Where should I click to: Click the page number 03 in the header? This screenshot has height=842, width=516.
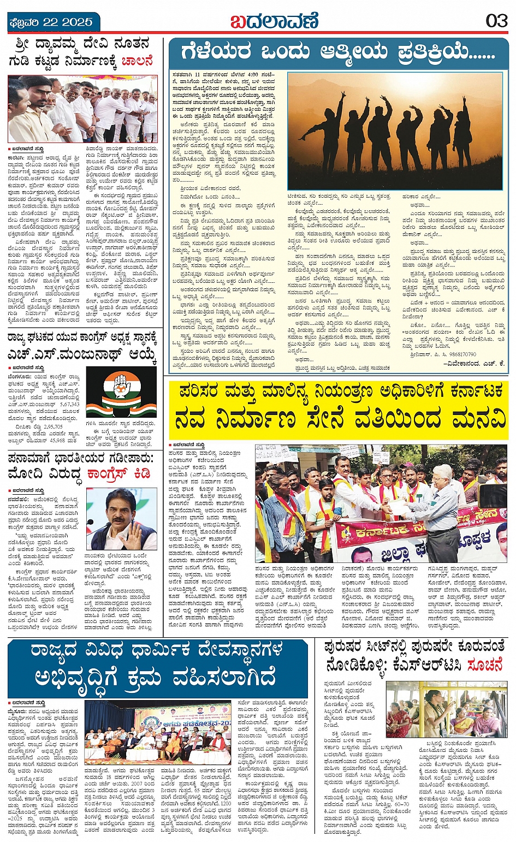point(497,21)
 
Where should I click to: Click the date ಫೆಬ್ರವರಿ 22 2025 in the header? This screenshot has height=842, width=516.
point(51,22)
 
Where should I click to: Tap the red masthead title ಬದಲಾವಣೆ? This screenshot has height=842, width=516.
point(274,22)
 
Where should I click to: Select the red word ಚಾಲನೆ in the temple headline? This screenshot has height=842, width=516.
point(137,61)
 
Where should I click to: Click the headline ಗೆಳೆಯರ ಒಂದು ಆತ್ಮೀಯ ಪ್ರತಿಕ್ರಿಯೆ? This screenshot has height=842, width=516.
point(339,53)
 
